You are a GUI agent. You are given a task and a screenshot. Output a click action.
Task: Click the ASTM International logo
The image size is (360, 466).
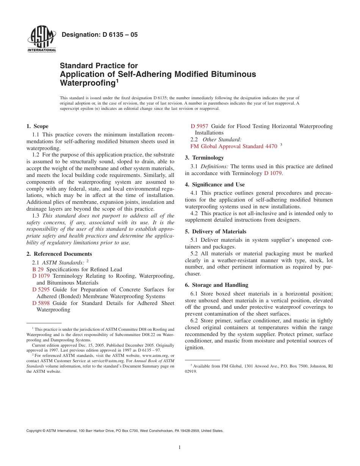pyautogui.click(x=41, y=39)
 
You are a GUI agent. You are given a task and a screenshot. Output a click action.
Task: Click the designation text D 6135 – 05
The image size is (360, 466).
pyautogui.click(x=99, y=35)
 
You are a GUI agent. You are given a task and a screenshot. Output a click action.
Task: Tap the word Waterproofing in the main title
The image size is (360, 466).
pyautogui.click(x=88, y=83)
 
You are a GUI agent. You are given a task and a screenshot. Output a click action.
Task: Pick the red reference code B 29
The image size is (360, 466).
pyautogui.click(x=38, y=269)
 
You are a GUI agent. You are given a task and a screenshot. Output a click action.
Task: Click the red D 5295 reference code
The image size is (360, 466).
pyautogui.click(x=41, y=289)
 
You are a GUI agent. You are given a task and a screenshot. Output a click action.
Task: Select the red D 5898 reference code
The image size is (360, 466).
pyautogui.click(x=41, y=303)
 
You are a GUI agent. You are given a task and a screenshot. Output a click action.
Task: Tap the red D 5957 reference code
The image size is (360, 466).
pyautogui.click(x=199, y=126)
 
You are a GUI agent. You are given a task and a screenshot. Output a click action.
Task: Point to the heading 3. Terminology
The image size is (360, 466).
pyautogui.click(x=204, y=158)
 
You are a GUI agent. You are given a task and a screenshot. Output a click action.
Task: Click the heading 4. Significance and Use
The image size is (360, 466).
pyautogui.click(x=214, y=185)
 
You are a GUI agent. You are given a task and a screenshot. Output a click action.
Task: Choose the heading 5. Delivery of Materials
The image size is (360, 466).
pyautogui.click(x=215, y=231)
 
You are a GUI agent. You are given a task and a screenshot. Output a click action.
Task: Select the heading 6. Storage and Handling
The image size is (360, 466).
pyautogui.click(x=216, y=285)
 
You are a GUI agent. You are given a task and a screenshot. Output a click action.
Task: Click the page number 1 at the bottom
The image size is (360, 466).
pyautogui.click(x=180, y=447)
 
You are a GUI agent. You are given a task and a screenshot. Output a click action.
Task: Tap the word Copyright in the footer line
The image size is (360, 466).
pyautogui.click(x=34, y=431)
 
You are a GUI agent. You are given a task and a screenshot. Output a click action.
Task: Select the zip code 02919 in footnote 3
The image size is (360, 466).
pyautogui.click(x=191, y=372)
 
